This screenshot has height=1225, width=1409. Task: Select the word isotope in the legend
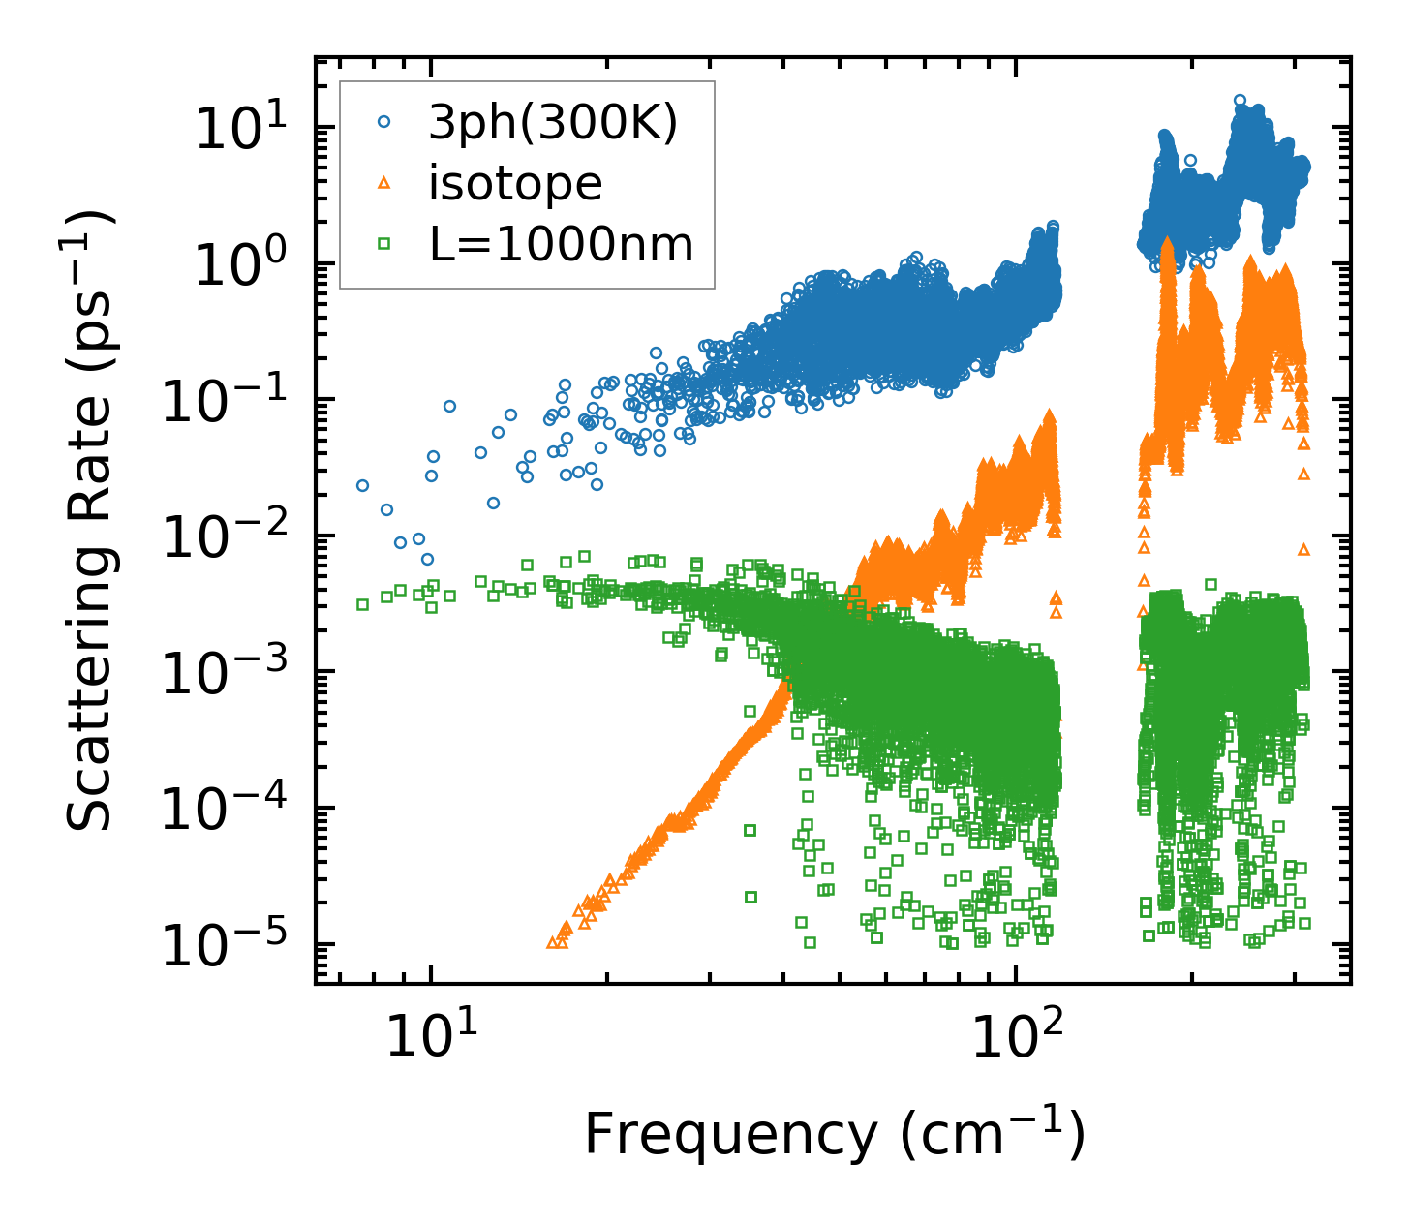click(x=515, y=183)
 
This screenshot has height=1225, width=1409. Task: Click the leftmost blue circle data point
click(x=362, y=485)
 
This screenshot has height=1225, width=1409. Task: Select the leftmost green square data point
click(x=362, y=604)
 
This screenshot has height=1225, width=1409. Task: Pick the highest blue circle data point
click(x=1240, y=100)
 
